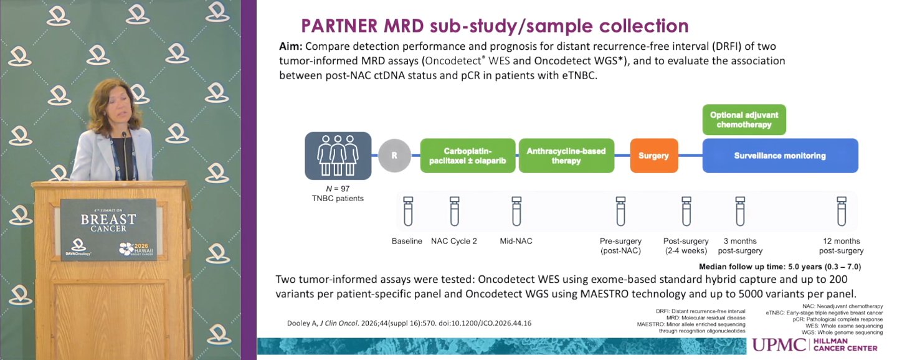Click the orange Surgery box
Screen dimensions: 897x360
pos(654,156)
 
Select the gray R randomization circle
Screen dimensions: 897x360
pos(394,155)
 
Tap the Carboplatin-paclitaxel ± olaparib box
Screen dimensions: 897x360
pos(468,156)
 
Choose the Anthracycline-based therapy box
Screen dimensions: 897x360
pos(566,156)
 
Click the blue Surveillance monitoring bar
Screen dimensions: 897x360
pos(780,156)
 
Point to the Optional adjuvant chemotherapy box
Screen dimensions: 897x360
pos(744,120)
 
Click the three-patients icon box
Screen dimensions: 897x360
pos(338,156)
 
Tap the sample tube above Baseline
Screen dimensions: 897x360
pos(407,211)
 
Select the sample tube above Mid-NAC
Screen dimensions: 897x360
pos(516,211)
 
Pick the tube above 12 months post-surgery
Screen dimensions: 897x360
pos(842,211)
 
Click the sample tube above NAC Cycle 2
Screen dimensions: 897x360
pos(455,211)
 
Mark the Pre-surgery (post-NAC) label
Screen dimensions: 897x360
pos(620,246)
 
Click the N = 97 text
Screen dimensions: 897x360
pos(338,189)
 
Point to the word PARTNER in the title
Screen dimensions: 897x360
pos(339,26)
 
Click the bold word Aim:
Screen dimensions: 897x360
pos(291,47)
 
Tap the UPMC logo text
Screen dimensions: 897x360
pos(779,345)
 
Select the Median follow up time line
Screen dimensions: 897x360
pos(780,267)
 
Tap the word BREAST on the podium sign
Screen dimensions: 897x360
pos(108,219)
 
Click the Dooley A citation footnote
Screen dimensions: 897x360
pos(409,323)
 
